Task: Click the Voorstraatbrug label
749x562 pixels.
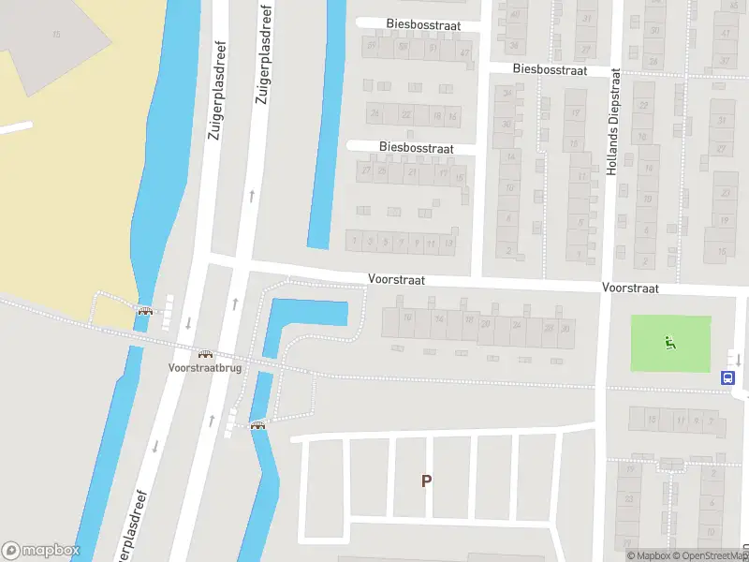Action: pyautogui.click(x=204, y=368)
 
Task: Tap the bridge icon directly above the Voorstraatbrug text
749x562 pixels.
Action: pyautogui.click(x=205, y=355)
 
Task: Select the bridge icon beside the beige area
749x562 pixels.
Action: pyautogui.click(x=145, y=311)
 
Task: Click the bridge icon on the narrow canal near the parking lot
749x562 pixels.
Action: pyautogui.click(x=257, y=425)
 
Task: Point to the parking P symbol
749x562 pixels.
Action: pyautogui.click(x=426, y=481)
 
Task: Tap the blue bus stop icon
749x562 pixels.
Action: pyautogui.click(x=727, y=377)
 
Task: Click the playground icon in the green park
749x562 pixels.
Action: pyautogui.click(x=669, y=343)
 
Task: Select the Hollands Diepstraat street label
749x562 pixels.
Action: pyautogui.click(x=614, y=123)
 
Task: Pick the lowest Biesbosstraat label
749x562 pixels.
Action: pyautogui.click(x=417, y=148)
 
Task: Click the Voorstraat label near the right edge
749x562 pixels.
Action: pyautogui.click(x=630, y=288)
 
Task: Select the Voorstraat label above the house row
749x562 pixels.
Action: pyautogui.click(x=396, y=279)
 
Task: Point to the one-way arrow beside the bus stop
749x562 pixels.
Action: pyautogui.click(x=738, y=359)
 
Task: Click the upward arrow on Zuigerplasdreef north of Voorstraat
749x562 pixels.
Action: pyautogui.click(x=251, y=196)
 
